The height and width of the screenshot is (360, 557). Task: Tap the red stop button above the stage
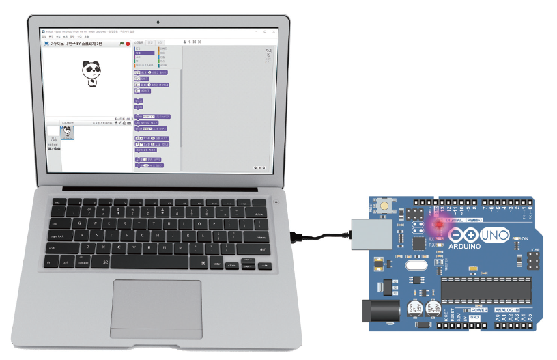128,43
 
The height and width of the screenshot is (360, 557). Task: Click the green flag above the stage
122,43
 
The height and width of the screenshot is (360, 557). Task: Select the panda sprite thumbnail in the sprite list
66,133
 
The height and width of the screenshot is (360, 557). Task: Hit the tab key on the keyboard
56,223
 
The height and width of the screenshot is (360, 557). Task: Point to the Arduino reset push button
386,205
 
